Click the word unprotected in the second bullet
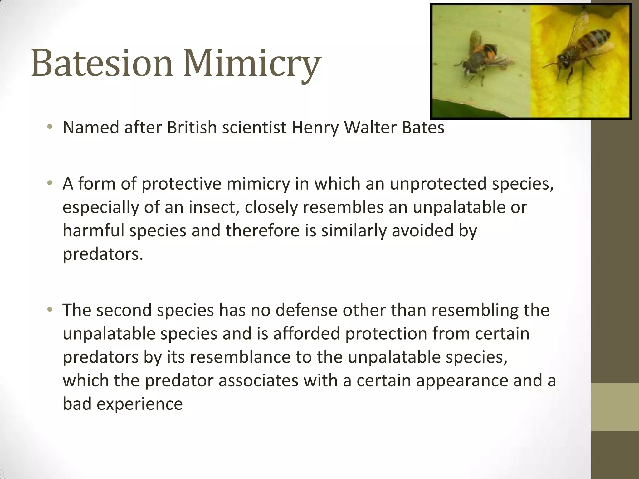tap(438, 184)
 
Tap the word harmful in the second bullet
tap(94, 230)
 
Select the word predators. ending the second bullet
tap(103, 254)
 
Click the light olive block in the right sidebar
tap(615, 407)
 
